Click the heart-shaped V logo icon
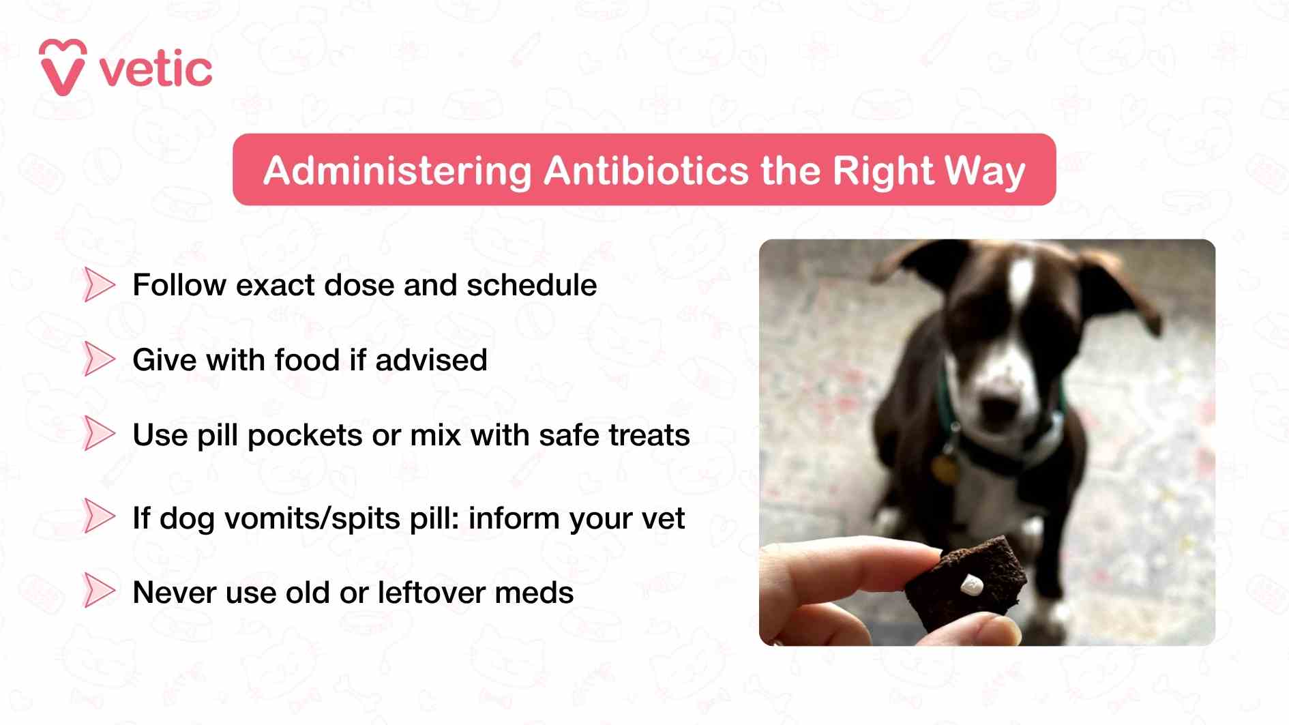tap(63, 68)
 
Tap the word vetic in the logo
tap(155, 70)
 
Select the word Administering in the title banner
tap(397, 171)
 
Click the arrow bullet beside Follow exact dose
tap(98, 285)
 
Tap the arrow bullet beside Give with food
tap(98, 359)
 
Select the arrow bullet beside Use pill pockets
tap(98, 434)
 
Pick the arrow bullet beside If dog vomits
tap(98, 517)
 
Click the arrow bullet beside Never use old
tap(98, 591)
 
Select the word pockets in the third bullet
tap(304, 436)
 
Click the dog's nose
tap(1001, 409)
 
